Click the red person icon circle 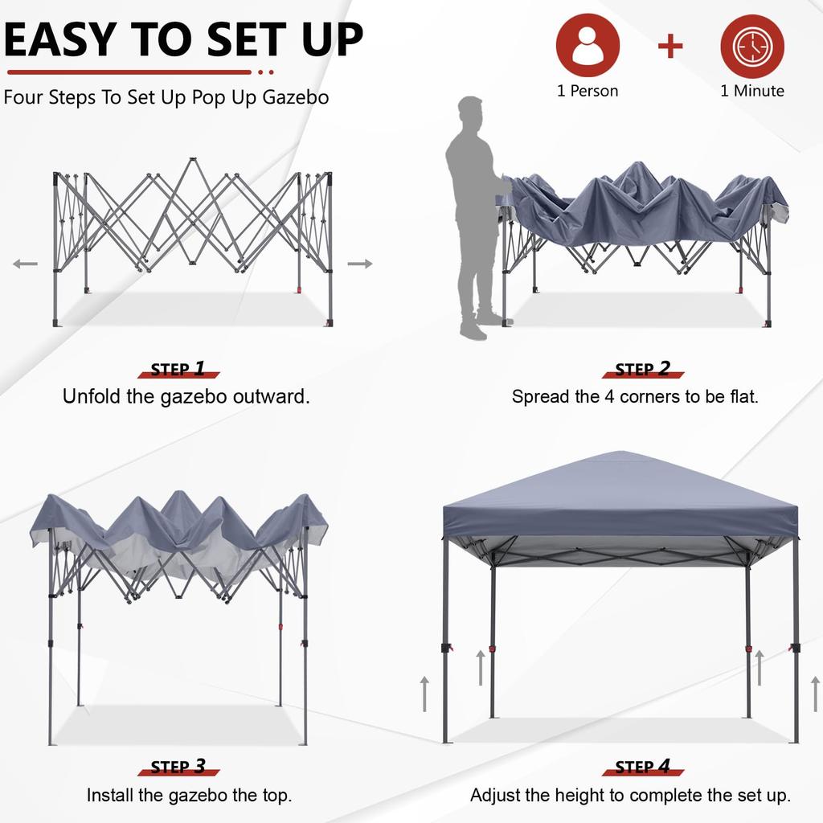588,45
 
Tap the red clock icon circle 751,45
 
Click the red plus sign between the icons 670,46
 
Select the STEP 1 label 178,370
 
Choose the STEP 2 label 642,370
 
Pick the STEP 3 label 178,767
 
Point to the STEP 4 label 642,767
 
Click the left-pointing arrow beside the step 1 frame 25,264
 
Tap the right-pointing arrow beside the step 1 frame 360,264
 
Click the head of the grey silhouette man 470,111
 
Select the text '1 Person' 588,91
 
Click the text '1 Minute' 751,91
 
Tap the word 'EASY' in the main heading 61,40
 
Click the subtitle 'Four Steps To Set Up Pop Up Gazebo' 166,98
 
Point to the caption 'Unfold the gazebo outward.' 186,396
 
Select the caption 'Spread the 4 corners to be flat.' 635,396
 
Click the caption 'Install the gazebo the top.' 189,796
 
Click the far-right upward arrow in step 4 815,693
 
